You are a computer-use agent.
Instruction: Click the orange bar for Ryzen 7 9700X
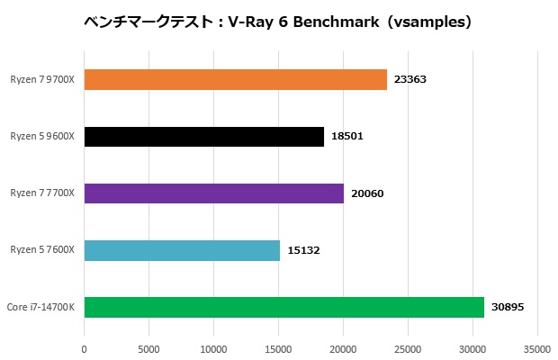(235, 80)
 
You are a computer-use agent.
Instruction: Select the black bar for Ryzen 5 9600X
(203, 137)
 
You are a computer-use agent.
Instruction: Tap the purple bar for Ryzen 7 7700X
(213, 193)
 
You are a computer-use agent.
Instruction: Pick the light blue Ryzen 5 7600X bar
(182, 250)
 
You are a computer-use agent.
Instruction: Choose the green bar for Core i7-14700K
(283, 307)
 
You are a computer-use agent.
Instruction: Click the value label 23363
(410, 80)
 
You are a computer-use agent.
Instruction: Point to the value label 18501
(347, 137)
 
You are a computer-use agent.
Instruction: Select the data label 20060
(367, 193)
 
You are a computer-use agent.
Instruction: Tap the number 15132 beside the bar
(303, 250)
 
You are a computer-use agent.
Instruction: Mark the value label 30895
(508, 307)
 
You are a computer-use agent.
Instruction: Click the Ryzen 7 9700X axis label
(42, 80)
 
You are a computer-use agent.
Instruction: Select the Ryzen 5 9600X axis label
(42, 137)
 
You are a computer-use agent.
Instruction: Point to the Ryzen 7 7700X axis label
(42, 193)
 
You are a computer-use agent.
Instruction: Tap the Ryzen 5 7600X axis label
(42, 250)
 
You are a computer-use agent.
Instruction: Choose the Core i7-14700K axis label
(40, 307)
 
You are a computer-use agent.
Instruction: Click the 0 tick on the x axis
(84, 346)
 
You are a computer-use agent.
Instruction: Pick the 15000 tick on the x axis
(278, 346)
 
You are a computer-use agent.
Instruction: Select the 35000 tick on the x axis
(537, 346)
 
